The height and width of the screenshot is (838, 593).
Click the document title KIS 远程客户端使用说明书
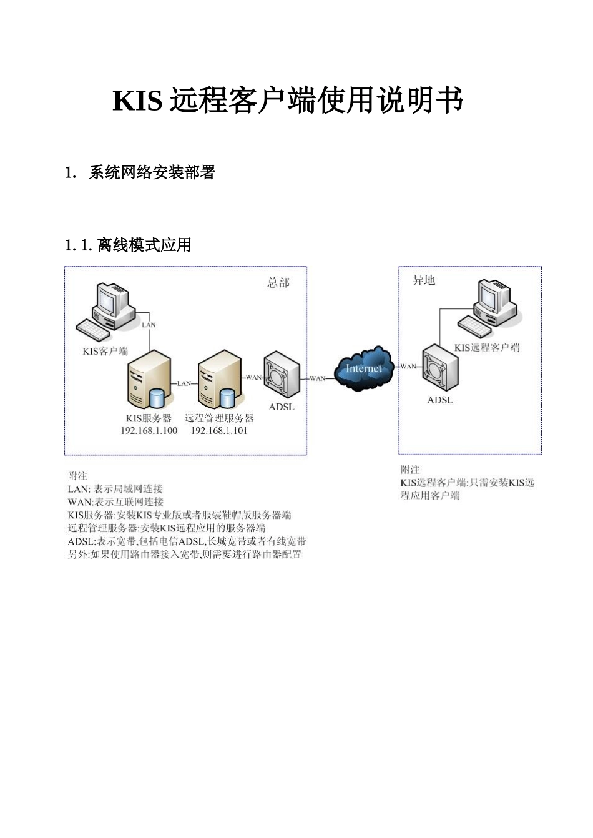click(288, 101)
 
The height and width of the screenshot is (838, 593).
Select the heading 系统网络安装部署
click(152, 172)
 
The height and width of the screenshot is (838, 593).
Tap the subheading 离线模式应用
click(144, 245)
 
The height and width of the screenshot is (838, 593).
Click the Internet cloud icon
click(364, 368)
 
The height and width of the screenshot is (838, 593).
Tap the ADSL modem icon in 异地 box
click(440, 368)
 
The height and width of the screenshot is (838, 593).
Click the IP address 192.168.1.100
click(149, 430)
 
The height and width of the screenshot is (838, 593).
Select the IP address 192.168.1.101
click(219, 430)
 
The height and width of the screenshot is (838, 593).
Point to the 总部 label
click(278, 283)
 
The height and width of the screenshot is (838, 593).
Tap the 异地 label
click(424, 280)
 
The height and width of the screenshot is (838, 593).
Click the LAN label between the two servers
click(184, 383)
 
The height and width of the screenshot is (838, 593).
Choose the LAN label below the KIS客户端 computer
click(149, 325)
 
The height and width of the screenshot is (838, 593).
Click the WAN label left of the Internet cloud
click(318, 378)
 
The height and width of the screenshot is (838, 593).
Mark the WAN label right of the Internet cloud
click(408, 366)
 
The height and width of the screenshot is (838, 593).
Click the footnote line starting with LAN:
click(115, 489)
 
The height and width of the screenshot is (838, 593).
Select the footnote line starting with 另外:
click(185, 554)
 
